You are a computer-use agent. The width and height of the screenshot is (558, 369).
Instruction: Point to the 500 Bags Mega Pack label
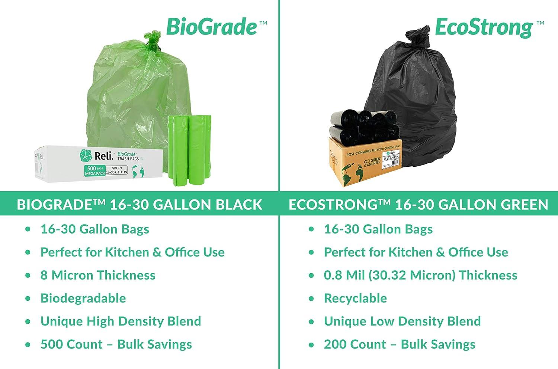(x=94, y=170)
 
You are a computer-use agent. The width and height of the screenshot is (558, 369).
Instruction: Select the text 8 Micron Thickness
(x=98, y=275)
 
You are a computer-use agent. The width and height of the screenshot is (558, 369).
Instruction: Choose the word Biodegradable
(x=83, y=298)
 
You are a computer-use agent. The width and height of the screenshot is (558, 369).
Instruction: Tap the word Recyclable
(x=355, y=298)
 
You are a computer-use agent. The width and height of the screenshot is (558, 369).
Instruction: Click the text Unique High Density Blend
(x=121, y=321)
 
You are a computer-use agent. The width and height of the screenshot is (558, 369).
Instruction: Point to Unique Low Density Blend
(x=402, y=321)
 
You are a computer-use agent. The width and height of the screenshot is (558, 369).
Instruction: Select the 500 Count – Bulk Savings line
(x=116, y=344)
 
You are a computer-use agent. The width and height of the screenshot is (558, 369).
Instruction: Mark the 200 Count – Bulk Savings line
(x=400, y=344)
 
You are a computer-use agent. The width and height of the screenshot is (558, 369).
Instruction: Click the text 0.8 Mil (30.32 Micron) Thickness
(x=420, y=275)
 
